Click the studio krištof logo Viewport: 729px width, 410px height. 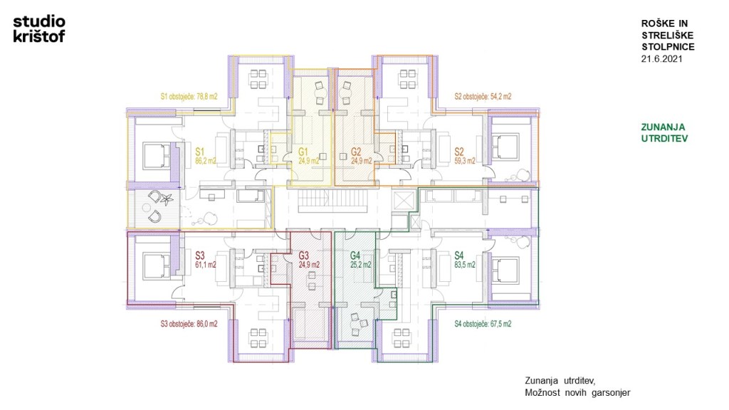[39, 28]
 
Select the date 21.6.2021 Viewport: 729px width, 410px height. [661, 59]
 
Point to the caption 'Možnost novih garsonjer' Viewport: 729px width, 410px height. [577, 393]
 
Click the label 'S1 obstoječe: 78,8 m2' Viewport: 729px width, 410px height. [189, 97]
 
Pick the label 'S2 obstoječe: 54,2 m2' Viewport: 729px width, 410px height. [483, 97]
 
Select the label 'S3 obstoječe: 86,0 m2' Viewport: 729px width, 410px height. [189, 324]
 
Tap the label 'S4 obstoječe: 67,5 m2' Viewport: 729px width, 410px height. [483, 324]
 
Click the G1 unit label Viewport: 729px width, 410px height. [303, 152]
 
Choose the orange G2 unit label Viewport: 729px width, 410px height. [356, 152]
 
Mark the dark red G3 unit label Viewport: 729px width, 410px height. [303, 256]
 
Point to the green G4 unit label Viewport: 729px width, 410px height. [355, 256]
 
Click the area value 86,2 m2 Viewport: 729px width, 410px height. [206, 162]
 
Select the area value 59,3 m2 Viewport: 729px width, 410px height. [464, 162]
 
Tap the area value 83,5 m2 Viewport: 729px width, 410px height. [464, 265]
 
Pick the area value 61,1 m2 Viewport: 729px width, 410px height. [206, 265]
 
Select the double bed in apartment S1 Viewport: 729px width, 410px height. [157, 156]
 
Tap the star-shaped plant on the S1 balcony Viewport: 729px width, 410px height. [167, 199]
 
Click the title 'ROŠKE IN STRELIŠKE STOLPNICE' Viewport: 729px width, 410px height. [668, 35]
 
